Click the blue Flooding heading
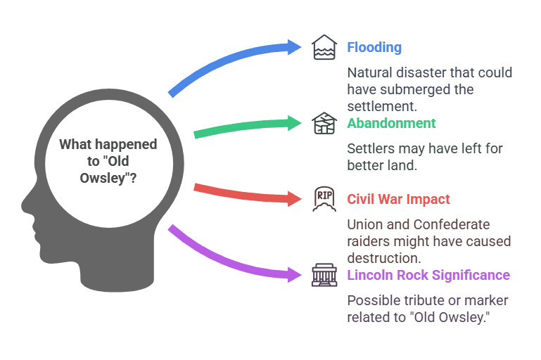point(374,48)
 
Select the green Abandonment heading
point(391,124)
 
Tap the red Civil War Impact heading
point(398,199)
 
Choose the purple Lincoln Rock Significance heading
point(428,275)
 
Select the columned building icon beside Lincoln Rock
point(322,275)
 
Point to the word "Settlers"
point(370,148)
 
